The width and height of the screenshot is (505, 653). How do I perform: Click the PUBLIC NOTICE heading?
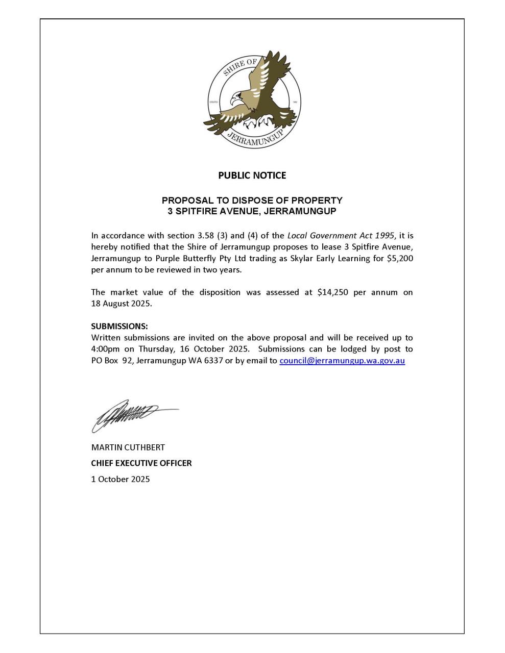(252, 175)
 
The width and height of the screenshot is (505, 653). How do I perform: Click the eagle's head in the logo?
(236, 97)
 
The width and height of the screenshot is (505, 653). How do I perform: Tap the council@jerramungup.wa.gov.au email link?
(342, 361)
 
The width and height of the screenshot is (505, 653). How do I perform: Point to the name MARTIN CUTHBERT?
(128, 447)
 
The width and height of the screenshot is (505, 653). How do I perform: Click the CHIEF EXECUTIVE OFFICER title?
(141, 463)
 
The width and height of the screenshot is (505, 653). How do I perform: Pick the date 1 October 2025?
(121, 479)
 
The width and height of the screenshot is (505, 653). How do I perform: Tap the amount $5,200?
(400, 259)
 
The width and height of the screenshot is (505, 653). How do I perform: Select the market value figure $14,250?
(332, 292)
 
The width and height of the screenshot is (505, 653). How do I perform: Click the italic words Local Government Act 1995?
(341, 236)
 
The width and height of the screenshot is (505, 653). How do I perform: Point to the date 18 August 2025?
(121, 304)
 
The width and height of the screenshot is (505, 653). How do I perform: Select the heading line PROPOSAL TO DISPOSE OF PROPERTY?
(252, 200)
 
